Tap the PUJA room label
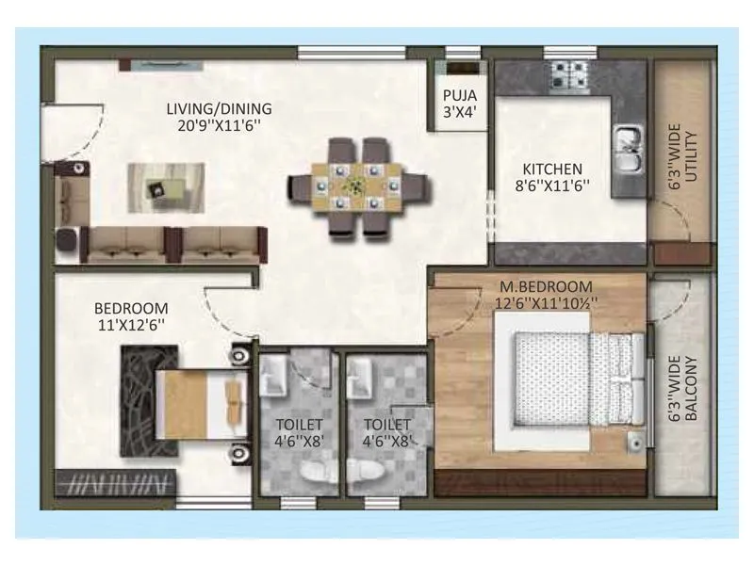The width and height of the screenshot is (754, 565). click(461, 94)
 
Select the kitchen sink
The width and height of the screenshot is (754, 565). click(628, 151)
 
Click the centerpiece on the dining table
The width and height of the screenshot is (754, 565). click(354, 184)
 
